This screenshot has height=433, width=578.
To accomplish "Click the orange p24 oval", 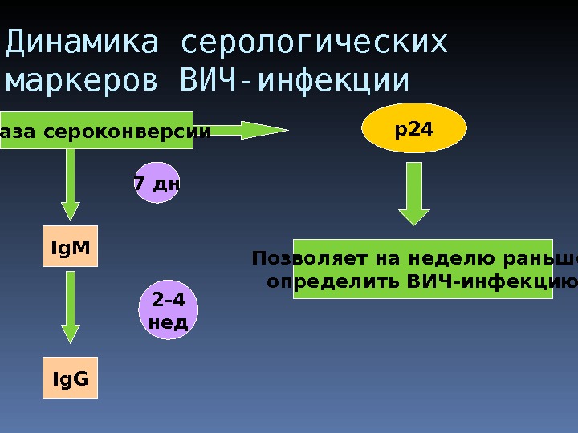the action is (x=414, y=127).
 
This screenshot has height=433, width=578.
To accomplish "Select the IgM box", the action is (x=71, y=249).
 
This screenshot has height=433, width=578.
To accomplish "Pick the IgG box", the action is (x=71, y=378).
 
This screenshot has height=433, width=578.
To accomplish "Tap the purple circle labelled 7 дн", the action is (x=157, y=184).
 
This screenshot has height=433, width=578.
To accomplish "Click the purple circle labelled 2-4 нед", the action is (x=169, y=310).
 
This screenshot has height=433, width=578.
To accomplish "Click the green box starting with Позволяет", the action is (x=422, y=269).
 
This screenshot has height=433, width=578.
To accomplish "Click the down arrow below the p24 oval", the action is (x=414, y=193).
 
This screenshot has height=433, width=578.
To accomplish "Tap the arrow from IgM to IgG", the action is (x=71, y=308).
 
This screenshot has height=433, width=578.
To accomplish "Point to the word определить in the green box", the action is (x=333, y=281).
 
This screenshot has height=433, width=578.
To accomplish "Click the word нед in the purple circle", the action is (x=169, y=322).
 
